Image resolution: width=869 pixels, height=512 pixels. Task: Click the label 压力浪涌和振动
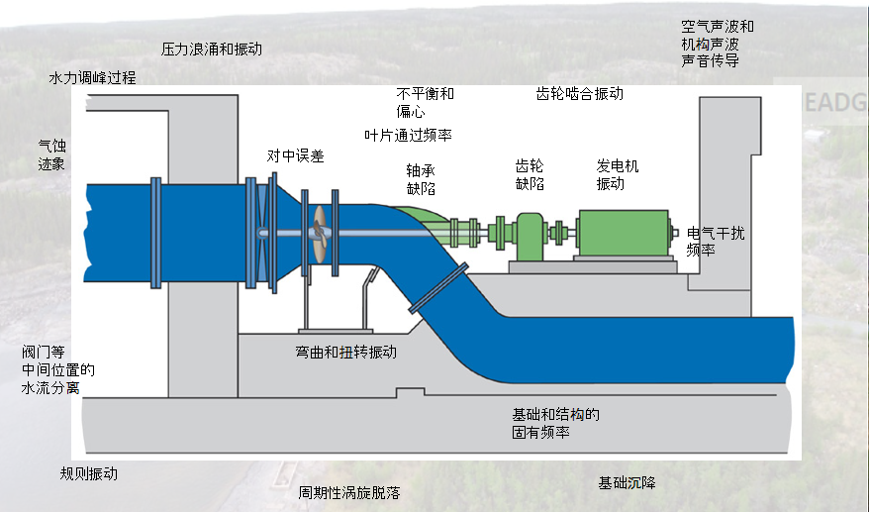[x=211, y=49]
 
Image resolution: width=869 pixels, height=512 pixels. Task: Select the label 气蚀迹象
[x=51, y=154]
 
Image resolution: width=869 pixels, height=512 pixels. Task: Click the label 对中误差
[x=295, y=155]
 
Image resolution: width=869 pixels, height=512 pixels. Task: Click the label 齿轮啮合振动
[x=579, y=94]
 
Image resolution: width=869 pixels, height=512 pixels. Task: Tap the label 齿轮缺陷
[x=530, y=174]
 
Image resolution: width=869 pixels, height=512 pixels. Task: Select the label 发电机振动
[x=617, y=174]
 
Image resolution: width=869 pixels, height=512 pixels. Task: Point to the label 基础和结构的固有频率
[x=555, y=424]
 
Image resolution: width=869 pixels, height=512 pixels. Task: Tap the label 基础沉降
[x=626, y=482]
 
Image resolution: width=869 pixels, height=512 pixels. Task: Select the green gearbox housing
[x=530, y=236]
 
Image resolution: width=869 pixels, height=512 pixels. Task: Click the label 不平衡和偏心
[x=425, y=103]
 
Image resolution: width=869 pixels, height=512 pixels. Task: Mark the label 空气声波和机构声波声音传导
[x=717, y=44]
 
